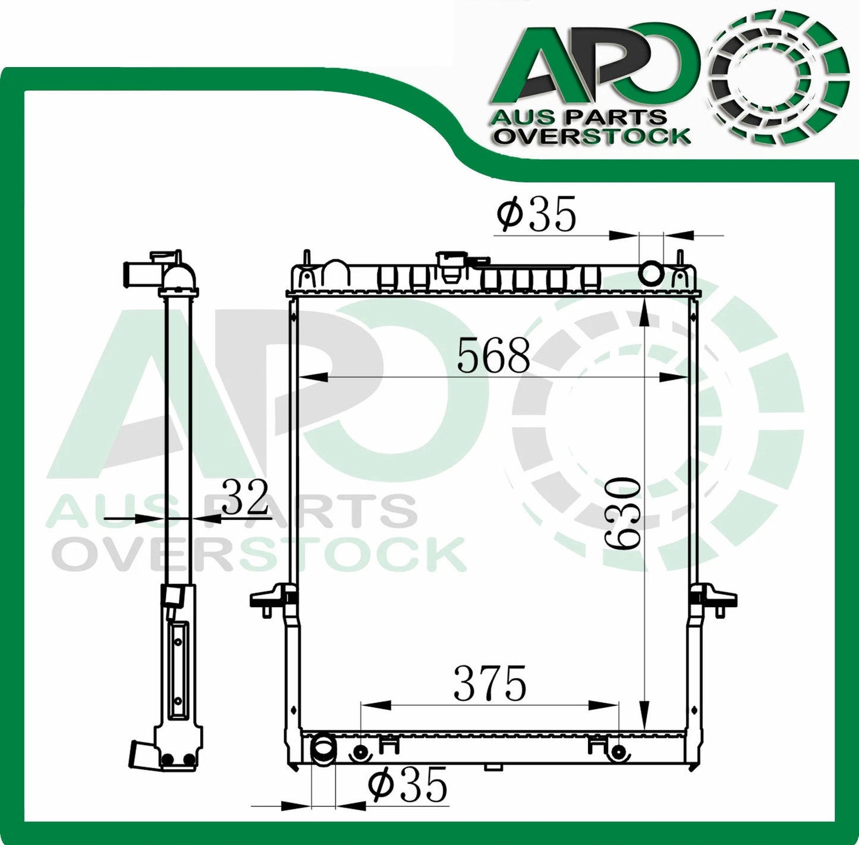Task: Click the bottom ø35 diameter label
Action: coord(407,786)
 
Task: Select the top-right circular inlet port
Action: coord(650,274)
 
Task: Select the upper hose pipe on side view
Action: coord(134,272)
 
